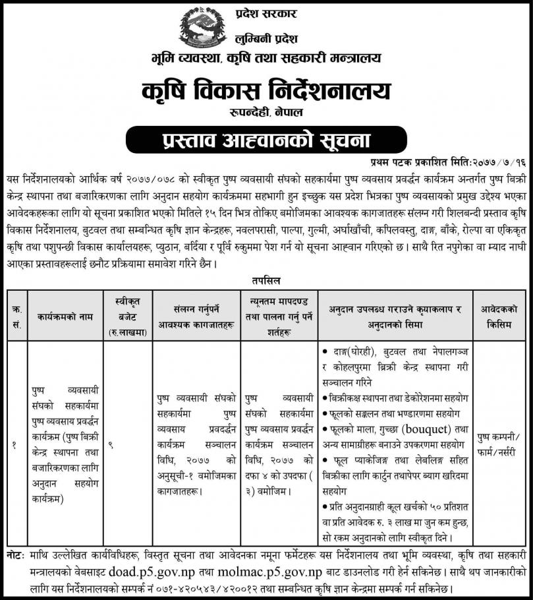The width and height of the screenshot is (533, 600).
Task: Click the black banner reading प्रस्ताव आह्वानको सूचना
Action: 266,140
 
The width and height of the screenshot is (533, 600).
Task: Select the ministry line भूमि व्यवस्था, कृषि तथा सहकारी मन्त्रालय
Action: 266,59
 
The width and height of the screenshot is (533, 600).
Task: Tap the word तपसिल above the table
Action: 266,280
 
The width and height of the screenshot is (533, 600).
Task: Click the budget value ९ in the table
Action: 111,446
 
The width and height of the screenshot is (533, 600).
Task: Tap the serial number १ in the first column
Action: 14,446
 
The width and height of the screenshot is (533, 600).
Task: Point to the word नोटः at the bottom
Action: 16,556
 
